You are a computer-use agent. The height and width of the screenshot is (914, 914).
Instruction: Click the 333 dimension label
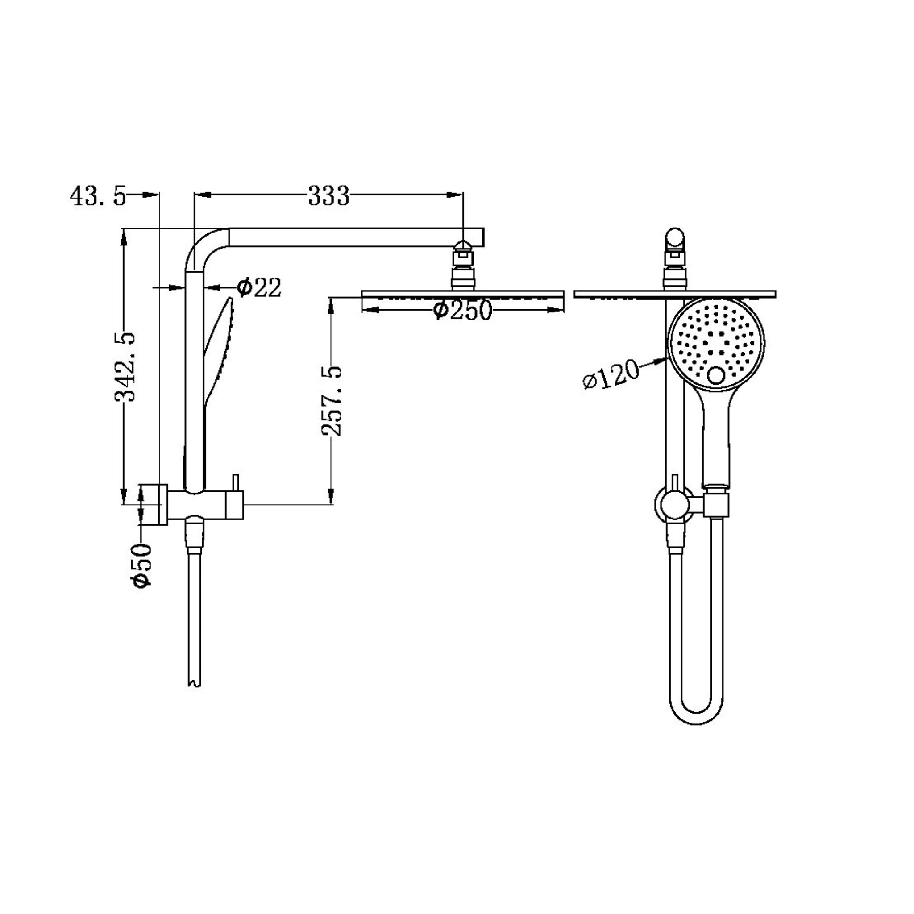(328, 195)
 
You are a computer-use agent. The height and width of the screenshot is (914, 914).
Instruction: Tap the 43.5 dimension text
(98, 195)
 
